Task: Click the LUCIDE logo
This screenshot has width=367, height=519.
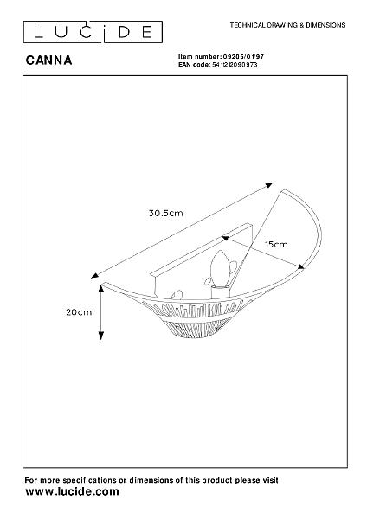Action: click(x=93, y=32)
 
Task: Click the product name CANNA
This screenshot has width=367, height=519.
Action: click(x=48, y=61)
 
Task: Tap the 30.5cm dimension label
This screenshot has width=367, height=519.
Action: click(x=165, y=213)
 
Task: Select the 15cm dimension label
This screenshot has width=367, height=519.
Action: click(x=276, y=245)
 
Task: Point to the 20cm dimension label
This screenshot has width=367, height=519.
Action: click(x=79, y=312)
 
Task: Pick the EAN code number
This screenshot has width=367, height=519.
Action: click(x=235, y=65)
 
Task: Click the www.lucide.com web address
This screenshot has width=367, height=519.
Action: click(x=72, y=491)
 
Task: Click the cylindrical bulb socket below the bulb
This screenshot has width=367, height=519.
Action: click(x=220, y=292)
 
